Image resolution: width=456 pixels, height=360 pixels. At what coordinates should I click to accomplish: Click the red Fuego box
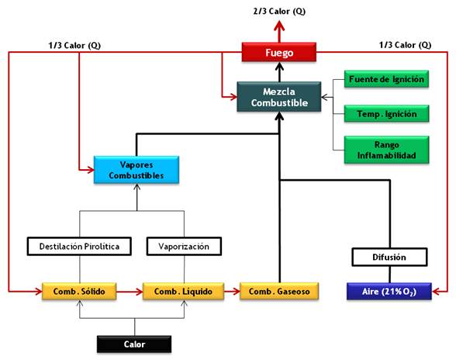[279, 52]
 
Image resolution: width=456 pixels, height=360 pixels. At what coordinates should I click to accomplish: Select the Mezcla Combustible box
[279, 97]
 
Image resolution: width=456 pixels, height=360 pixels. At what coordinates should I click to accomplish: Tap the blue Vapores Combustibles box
[136, 170]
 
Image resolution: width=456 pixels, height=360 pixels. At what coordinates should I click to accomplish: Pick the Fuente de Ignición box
[386, 79]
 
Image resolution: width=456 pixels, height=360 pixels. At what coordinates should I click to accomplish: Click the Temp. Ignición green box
[386, 113]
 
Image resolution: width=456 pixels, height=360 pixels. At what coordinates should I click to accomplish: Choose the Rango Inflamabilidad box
[386, 150]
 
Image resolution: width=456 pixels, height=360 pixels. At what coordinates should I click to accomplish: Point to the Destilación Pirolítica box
[79, 246]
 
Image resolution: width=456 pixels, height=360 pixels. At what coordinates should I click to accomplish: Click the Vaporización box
[184, 246]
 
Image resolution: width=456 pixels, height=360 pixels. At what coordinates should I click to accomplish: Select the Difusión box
[389, 257]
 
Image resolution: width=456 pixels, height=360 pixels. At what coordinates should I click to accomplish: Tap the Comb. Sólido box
[79, 291]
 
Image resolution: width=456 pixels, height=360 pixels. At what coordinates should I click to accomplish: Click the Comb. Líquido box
[183, 291]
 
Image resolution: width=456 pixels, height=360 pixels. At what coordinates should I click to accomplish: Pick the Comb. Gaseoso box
[279, 291]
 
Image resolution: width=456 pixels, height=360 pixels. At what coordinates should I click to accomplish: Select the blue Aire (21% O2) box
[389, 291]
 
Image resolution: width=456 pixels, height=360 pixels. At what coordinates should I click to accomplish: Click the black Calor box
[134, 344]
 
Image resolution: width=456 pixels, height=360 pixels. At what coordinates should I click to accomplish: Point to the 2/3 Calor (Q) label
[279, 12]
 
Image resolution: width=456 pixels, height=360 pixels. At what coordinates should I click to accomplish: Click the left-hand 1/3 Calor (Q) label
[74, 46]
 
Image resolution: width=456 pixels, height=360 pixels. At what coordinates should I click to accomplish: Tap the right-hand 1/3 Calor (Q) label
[405, 45]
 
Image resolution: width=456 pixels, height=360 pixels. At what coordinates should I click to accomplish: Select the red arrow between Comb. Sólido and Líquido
[130, 291]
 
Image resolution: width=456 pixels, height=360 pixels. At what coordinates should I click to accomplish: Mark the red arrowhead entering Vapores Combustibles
[90, 170]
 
